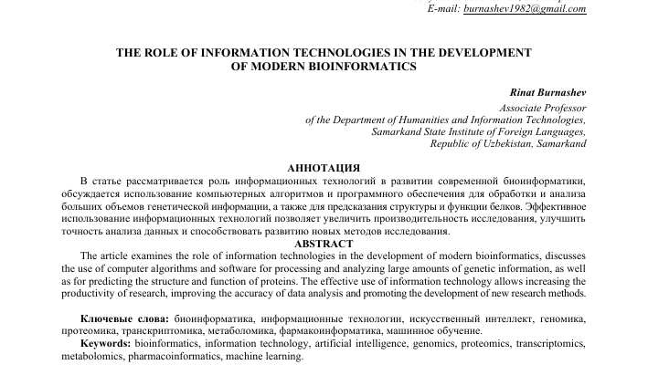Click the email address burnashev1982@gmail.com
[526, 9]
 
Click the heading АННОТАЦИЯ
[324, 169]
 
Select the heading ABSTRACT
[324, 244]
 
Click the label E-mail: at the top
[420, 9]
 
